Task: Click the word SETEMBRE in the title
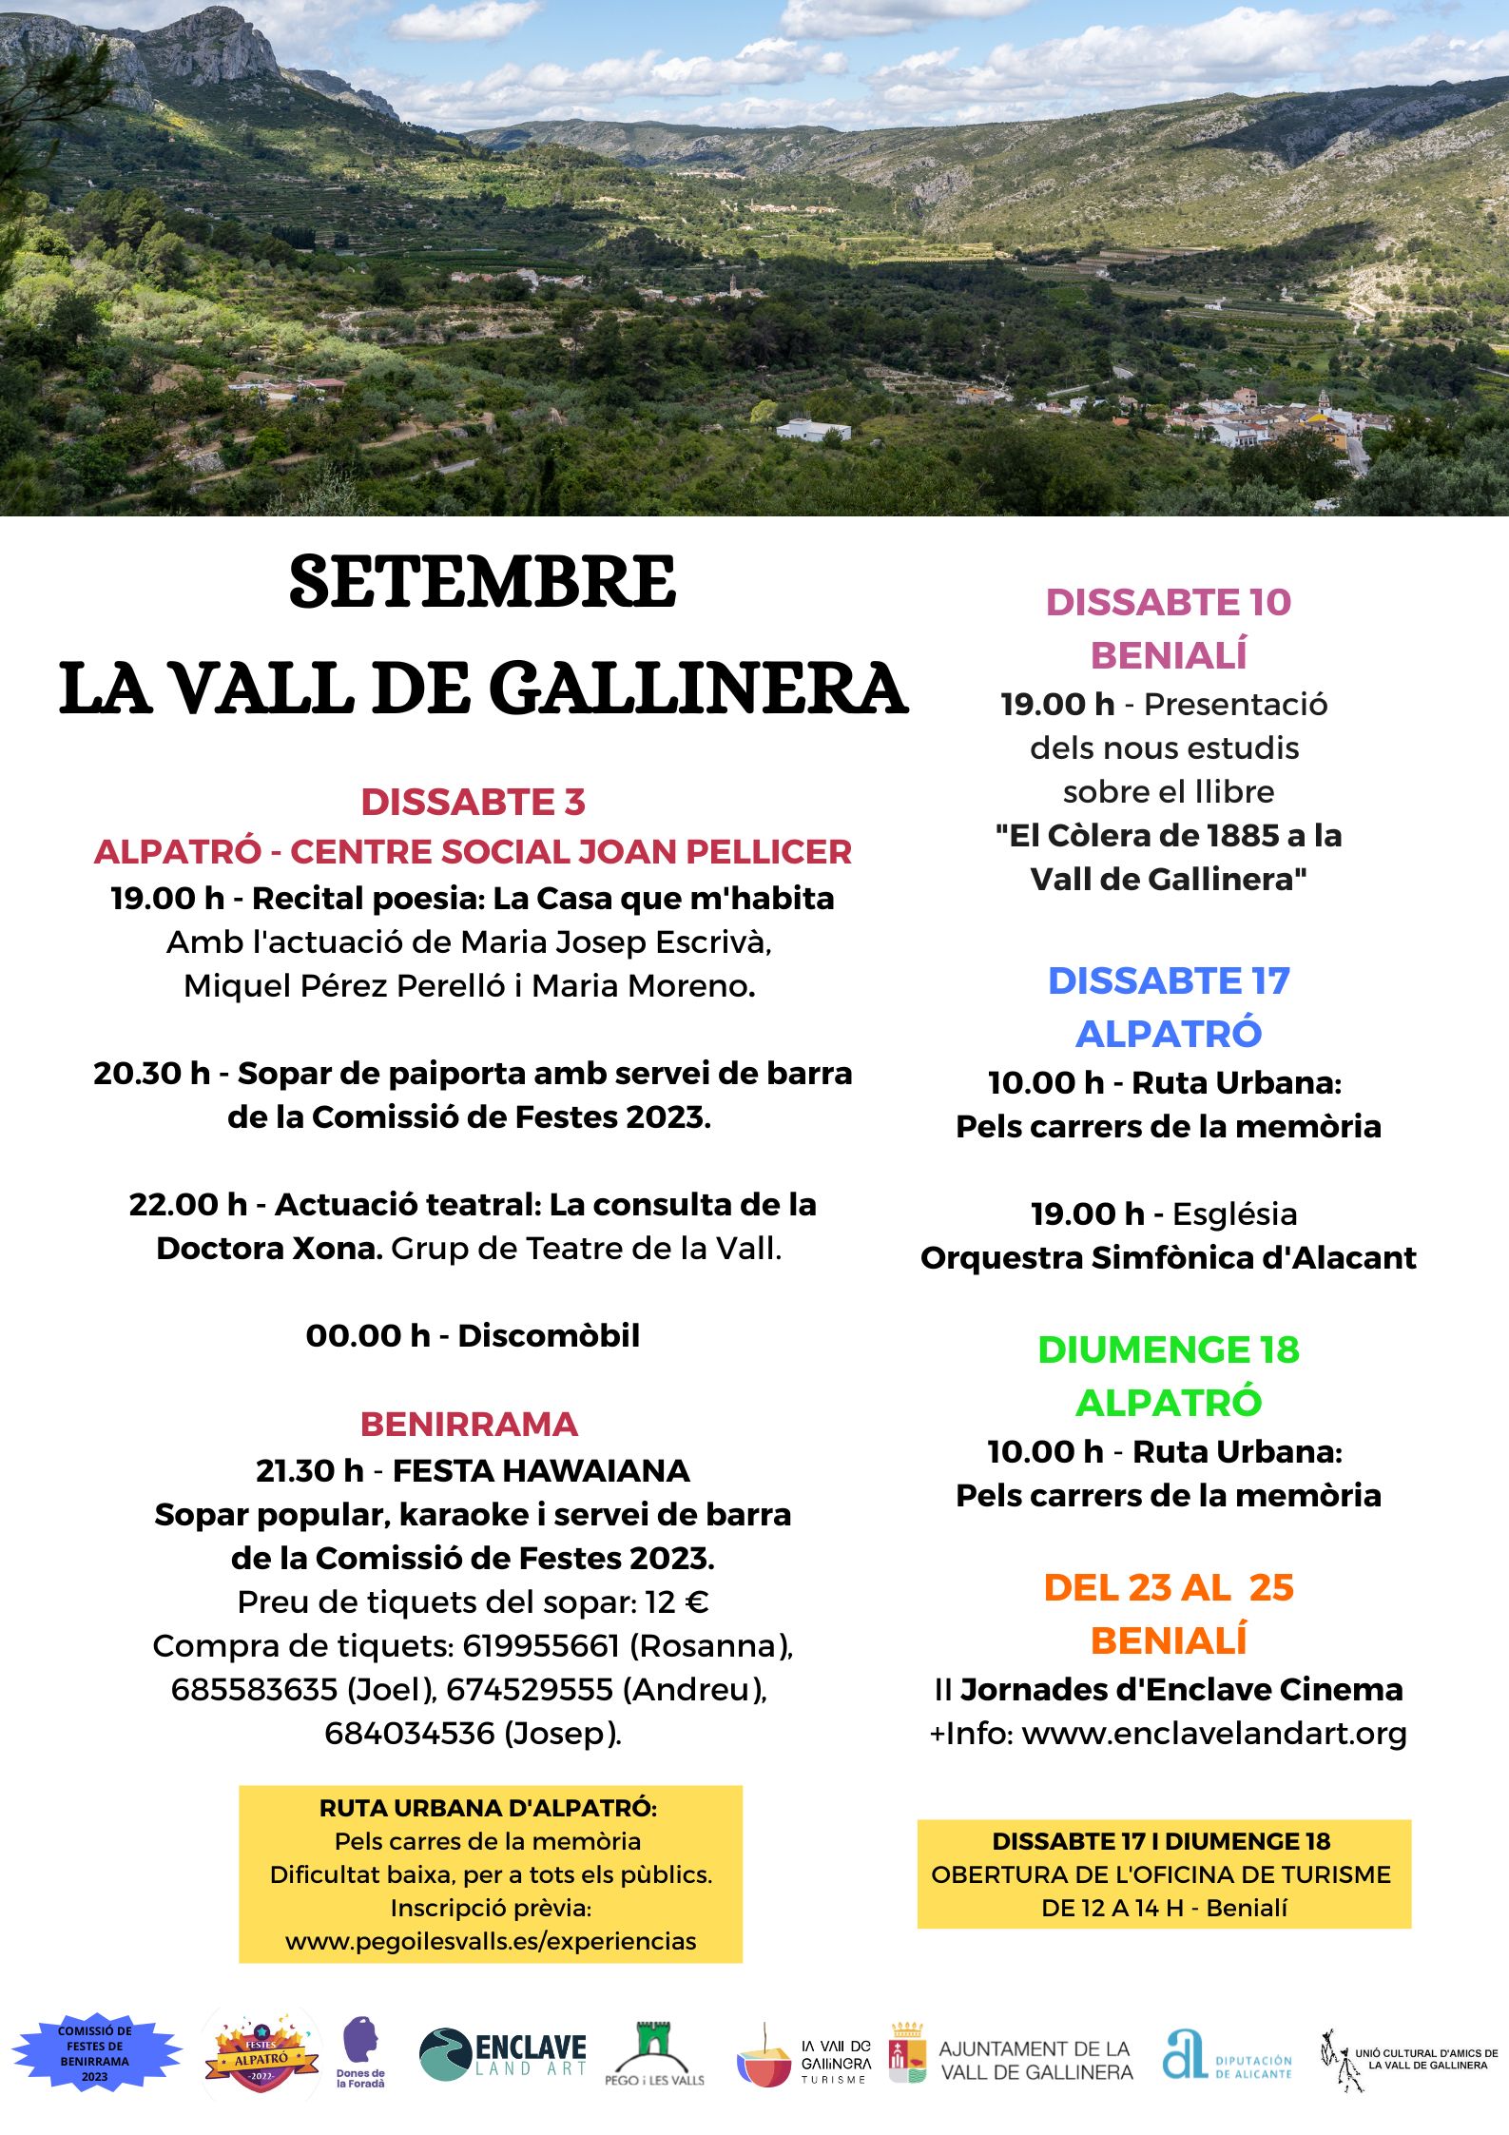point(482,583)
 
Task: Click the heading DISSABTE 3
point(473,802)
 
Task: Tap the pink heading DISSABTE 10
point(1168,602)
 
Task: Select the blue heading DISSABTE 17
point(1168,980)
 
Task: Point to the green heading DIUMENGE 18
point(1168,1349)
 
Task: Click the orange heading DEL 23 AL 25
point(1168,1587)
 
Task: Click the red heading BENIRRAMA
point(469,1424)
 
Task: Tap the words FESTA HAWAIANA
point(540,1470)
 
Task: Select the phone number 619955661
point(540,1645)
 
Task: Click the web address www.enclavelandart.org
point(1213,1733)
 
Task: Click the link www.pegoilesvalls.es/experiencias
point(491,1941)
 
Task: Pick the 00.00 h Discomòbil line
point(473,1335)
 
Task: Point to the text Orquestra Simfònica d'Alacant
point(1168,1257)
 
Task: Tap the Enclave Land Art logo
point(503,2054)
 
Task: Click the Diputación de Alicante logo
point(1227,2056)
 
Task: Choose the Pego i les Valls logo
point(654,2054)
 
